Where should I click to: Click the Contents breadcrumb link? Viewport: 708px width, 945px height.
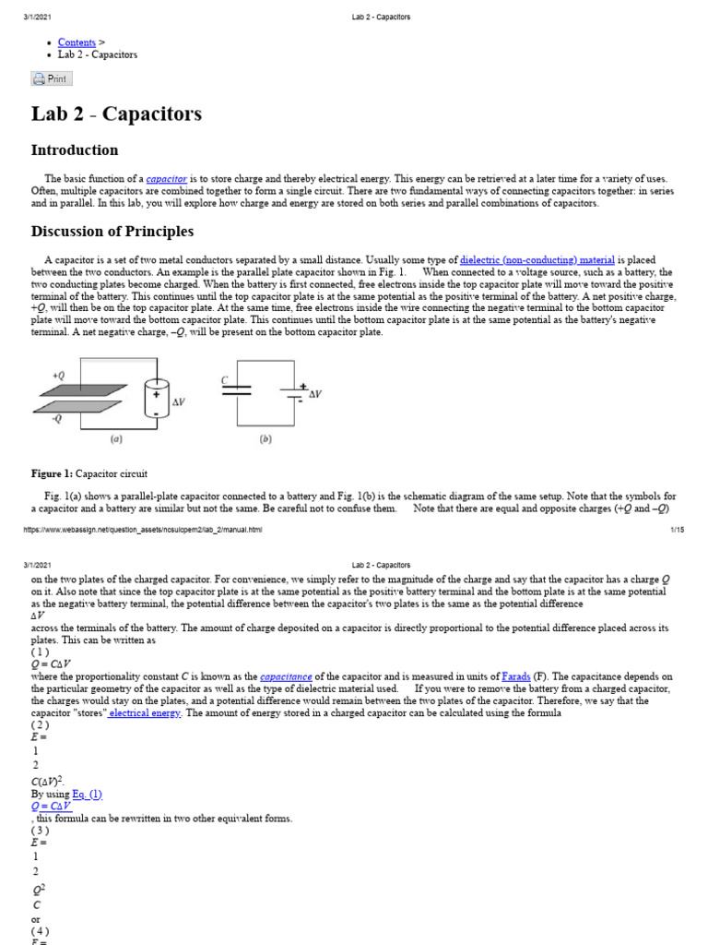point(77,42)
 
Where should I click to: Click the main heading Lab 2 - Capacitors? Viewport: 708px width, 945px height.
point(116,114)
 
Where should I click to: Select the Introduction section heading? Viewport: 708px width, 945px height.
point(75,150)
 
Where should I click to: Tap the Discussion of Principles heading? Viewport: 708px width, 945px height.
point(112,232)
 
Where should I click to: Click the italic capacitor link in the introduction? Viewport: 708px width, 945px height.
point(167,178)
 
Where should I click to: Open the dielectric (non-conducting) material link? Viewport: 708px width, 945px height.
point(537,260)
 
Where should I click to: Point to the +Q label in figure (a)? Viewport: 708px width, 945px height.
point(58,376)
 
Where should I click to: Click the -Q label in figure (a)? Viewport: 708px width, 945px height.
point(58,419)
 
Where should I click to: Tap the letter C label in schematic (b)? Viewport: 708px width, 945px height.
point(224,379)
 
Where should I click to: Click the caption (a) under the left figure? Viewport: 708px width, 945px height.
point(117,440)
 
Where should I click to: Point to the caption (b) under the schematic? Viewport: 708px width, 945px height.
point(265,440)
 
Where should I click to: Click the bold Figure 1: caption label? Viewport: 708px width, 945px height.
point(52,473)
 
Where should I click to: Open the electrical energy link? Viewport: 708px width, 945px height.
point(146,713)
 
